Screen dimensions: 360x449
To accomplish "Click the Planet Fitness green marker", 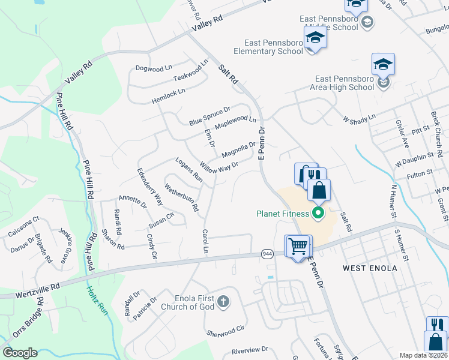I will [x=319, y=213].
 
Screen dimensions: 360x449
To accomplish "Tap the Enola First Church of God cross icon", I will [x=223, y=301].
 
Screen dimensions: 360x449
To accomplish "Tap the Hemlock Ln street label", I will [x=169, y=95].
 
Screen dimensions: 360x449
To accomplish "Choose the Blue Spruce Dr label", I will [x=209, y=116].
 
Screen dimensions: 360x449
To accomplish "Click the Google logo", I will [x=20, y=353].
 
